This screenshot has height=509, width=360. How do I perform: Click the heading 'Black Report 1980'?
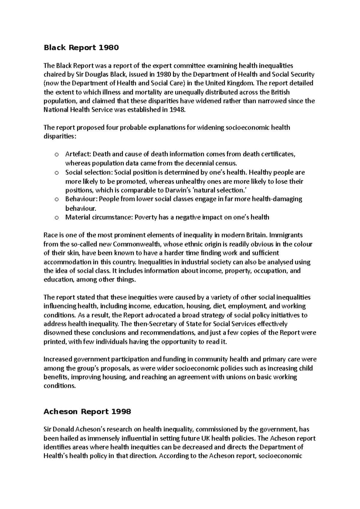[81, 48]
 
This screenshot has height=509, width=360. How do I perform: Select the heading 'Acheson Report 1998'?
[87, 412]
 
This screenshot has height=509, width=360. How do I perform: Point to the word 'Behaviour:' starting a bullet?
[81, 199]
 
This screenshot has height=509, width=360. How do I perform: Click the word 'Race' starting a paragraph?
[50, 235]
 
